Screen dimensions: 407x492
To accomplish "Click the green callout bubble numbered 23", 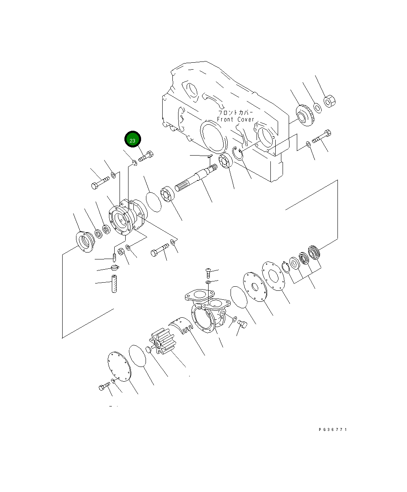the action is [x=133, y=139].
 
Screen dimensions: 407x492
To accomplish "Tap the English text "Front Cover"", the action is [x=235, y=119].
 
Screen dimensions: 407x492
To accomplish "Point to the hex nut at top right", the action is [x=329, y=101].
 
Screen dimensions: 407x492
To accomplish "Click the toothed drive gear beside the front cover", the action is [x=305, y=115].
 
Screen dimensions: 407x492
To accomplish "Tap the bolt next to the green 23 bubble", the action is [x=146, y=156].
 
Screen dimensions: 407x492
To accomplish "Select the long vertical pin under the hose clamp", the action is [x=114, y=284].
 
